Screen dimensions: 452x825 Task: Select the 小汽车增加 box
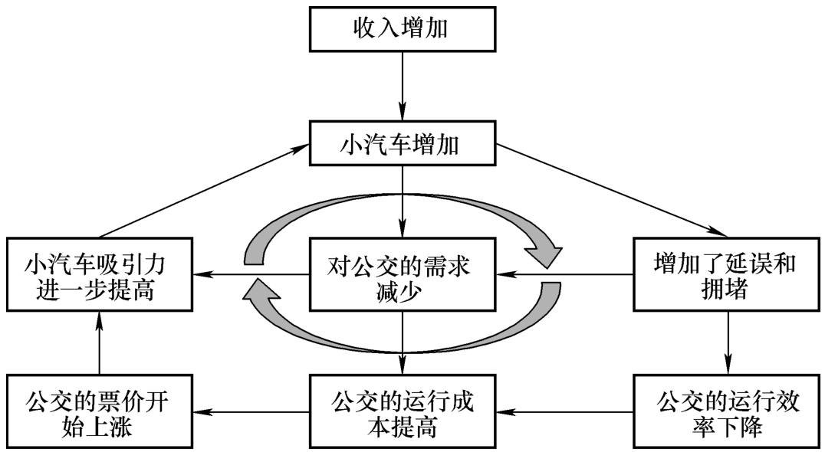point(402,142)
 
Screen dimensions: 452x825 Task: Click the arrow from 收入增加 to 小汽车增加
point(402,84)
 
